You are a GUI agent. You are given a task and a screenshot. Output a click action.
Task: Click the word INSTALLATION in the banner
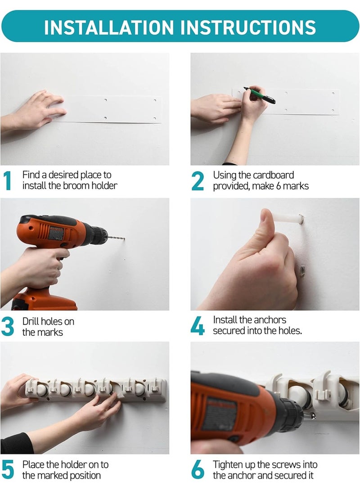pyautogui.click(x=109, y=27)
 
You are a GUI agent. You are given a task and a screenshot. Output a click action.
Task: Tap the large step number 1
pyautogui.click(x=8, y=180)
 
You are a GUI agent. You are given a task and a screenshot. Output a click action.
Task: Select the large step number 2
pyautogui.click(x=198, y=180)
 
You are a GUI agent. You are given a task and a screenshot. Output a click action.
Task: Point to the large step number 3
pyautogui.click(x=8, y=326)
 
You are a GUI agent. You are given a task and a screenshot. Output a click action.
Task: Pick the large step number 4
pyautogui.click(x=198, y=326)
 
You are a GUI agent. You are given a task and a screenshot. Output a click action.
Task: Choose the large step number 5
pyautogui.click(x=8, y=469)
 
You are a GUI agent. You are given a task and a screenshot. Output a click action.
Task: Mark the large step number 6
pyautogui.click(x=198, y=469)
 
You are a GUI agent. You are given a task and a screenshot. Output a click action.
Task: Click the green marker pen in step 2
pyautogui.click(x=259, y=95)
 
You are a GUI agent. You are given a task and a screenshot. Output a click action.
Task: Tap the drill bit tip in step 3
pyautogui.click(x=124, y=239)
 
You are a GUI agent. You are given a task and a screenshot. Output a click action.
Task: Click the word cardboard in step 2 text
pyautogui.click(x=273, y=175)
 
